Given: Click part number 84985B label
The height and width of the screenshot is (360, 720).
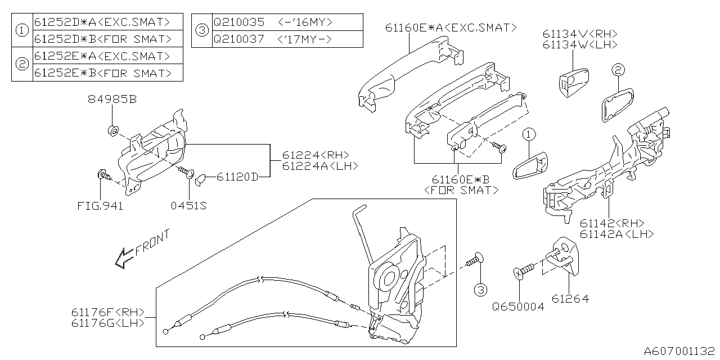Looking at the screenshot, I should pyautogui.click(x=112, y=100).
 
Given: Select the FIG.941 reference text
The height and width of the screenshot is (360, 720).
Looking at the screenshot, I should pyautogui.click(x=100, y=206).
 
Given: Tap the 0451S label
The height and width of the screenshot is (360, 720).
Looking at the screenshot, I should pyautogui.click(x=188, y=206).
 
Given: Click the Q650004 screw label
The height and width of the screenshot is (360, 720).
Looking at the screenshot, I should pyautogui.click(x=518, y=307).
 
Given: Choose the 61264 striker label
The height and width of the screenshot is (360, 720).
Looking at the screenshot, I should pyautogui.click(x=570, y=299).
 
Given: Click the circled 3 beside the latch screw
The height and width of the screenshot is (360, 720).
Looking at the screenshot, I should pyautogui.click(x=479, y=290).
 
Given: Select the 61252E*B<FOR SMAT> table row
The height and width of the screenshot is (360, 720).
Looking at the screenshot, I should pyautogui.click(x=102, y=73).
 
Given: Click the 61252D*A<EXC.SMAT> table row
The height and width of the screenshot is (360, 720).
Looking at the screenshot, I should pyautogui.click(x=102, y=22).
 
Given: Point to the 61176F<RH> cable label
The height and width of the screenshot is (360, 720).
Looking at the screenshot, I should pyautogui.click(x=109, y=312).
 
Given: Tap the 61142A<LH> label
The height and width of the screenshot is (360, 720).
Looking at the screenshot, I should pyautogui.click(x=616, y=234).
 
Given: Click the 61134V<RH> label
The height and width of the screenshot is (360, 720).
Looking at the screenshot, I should pyautogui.click(x=580, y=34).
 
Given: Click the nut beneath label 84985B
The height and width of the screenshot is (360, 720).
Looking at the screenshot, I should pyautogui.click(x=112, y=132).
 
